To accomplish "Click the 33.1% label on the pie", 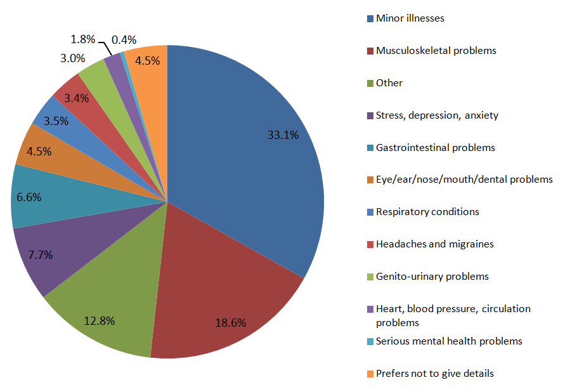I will click(x=283, y=134).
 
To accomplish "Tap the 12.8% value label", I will click(x=100, y=320).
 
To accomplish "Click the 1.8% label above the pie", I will click(x=82, y=39).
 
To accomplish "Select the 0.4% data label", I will click(x=124, y=39).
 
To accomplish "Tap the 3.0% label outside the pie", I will click(x=73, y=58).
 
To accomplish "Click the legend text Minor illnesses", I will click(x=410, y=18).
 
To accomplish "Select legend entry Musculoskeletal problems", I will click(x=436, y=50).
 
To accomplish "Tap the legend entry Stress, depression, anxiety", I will click(x=437, y=115).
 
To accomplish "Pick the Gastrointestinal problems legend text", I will click(x=435, y=147).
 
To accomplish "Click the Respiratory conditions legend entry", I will click(x=427, y=211).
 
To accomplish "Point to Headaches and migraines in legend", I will click(x=434, y=244).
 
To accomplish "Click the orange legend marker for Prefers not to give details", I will click(x=370, y=373).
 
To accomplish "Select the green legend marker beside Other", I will click(x=370, y=83).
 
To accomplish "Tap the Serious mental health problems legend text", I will click(x=449, y=341).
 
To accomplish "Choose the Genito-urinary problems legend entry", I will click(x=432, y=276).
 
